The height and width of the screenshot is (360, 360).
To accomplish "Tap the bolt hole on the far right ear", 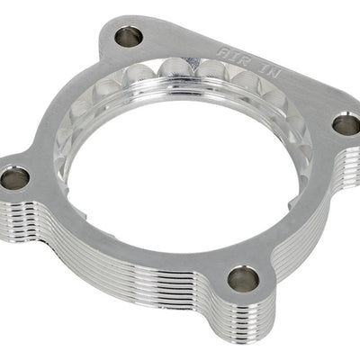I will coord(346,124).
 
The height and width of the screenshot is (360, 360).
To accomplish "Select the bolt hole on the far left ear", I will coord(13,177).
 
